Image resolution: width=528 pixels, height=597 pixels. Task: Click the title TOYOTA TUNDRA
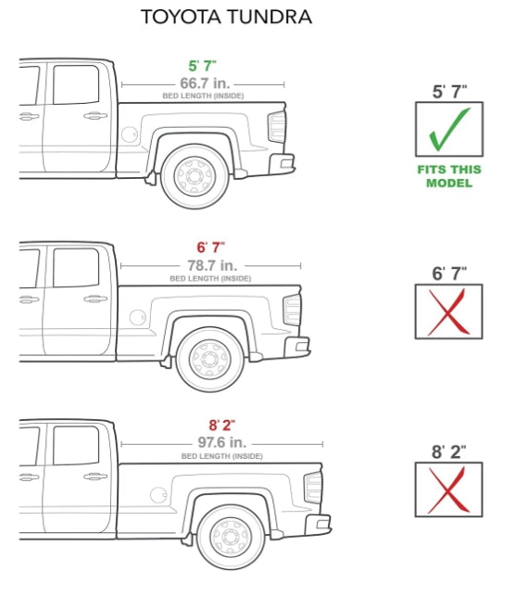(226, 17)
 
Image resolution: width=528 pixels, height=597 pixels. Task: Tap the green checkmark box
(448, 129)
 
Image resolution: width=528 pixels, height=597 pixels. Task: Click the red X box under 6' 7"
(448, 311)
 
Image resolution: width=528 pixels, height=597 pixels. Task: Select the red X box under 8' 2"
(448, 490)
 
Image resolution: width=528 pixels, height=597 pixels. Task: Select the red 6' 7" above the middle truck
(210, 248)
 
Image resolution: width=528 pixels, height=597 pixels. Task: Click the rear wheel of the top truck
(195, 175)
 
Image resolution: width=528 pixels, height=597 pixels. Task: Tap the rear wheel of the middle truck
(210, 357)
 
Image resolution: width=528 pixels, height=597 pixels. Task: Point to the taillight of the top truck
(277, 127)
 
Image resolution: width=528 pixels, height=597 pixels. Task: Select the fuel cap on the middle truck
(137, 318)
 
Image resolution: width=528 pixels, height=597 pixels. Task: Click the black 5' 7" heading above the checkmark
(449, 92)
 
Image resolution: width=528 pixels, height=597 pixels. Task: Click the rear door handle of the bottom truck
(94, 476)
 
